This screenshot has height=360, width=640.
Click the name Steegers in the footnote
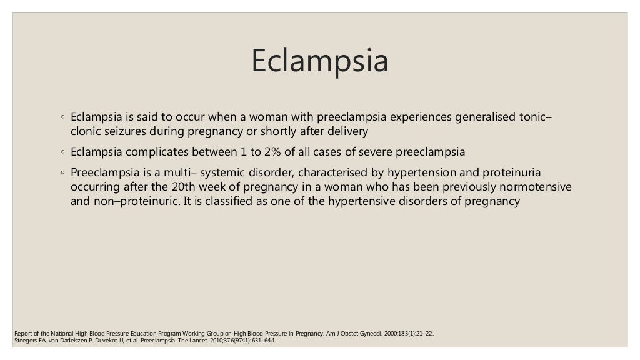[x=24, y=341]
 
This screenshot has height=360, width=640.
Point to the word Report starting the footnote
[x=23, y=334]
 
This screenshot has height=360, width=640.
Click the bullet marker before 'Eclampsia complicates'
[x=63, y=152]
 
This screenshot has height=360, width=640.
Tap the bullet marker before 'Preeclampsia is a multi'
[x=63, y=173]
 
